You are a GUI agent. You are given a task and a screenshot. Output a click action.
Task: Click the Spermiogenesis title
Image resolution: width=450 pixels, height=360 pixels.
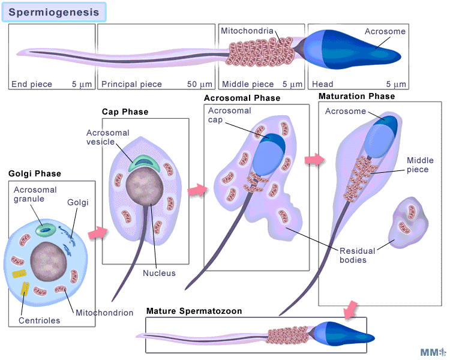pos(54,11)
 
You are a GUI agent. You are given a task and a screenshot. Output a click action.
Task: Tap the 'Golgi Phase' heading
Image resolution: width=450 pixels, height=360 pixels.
pos(35,174)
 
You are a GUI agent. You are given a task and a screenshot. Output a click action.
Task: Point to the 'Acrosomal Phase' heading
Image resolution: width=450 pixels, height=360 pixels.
pos(242,98)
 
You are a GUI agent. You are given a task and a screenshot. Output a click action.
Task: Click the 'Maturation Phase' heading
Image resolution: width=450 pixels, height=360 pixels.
pos(356,96)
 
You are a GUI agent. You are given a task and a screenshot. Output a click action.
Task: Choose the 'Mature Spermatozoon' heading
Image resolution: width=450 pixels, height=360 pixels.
pos(194,311)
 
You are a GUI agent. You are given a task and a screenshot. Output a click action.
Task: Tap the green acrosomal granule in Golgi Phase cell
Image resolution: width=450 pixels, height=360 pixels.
pos(45,229)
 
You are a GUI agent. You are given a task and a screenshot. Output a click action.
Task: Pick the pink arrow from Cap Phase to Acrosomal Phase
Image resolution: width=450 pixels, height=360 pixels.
pos(197,190)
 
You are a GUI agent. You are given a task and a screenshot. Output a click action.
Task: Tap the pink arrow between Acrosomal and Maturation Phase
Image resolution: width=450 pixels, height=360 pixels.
pos(314,160)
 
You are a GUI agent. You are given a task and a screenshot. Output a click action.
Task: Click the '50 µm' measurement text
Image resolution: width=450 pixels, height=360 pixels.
pos(200,85)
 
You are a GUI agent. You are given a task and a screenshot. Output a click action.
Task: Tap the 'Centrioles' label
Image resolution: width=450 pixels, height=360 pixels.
pos(40,320)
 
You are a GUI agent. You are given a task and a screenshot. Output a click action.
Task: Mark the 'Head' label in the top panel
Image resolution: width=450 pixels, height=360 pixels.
pos(322,85)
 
